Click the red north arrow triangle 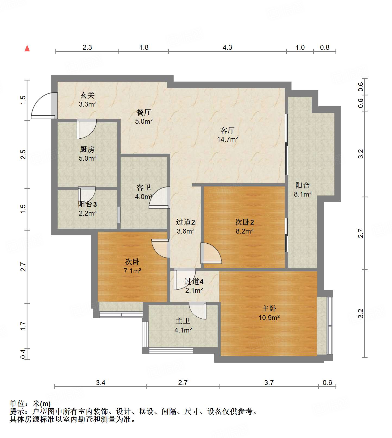click(27, 48)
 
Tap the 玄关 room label click(87, 95)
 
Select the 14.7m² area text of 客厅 click(227, 139)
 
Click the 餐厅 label click(143, 112)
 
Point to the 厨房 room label click(87, 149)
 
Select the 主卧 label click(269, 309)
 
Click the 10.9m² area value click(269, 318)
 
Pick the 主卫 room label click(183, 321)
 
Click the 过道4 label click(194, 282)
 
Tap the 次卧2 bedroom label click(244, 222)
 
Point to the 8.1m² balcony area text click(302, 194)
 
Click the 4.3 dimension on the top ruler click(227, 48)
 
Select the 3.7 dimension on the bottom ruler click(269, 383)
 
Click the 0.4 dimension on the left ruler click(23, 354)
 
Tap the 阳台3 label click(87, 204)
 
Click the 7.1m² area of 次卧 click(132, 271)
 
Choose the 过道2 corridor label click(185, 222)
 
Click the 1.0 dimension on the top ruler click(300, 48)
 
